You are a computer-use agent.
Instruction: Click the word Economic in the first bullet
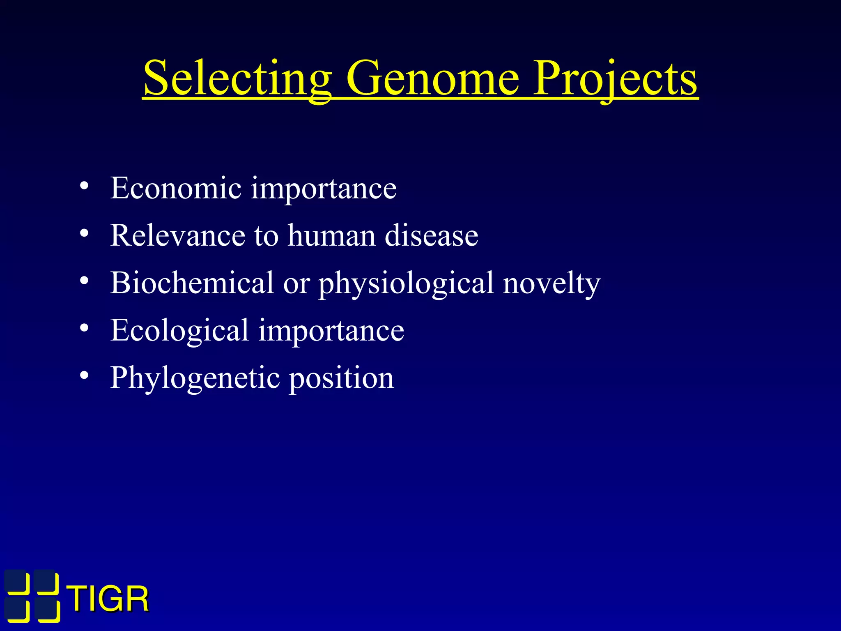(x=176, y=188)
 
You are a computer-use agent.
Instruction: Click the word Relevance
(x=177, y=235)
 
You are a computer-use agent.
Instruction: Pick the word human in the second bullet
(x=331, y=235)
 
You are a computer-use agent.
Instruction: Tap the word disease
(x=431, y=235)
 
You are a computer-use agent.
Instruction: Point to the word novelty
(x=551, y=283)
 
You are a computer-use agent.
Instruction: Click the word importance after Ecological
(x=331, y=331)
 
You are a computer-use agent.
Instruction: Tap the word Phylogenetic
(x=195, y=378)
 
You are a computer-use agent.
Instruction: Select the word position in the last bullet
(x=341, y=378)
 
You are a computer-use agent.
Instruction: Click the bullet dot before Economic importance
(x=84, y=186)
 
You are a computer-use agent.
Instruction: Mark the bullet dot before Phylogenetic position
(x=84, y=375)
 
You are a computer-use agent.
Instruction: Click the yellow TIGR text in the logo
(x=108, y=599)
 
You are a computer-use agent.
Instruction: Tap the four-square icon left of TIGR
(x=32, y=596)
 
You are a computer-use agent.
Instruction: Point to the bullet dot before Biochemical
(x=84, y=281)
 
